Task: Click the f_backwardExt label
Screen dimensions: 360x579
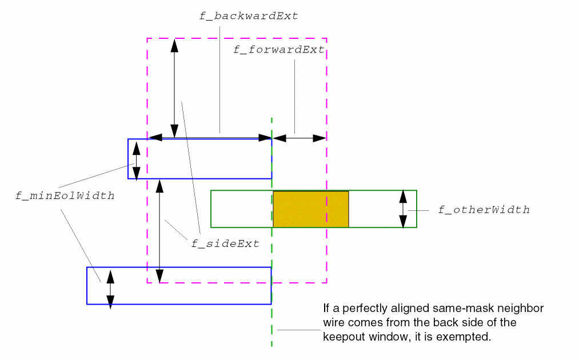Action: (249, 16)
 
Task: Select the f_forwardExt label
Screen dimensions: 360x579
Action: (279, 50)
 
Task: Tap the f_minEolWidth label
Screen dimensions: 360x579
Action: (65, 196)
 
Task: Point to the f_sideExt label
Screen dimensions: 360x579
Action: (225, 244)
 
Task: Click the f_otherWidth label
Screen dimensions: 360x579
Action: (484, 210)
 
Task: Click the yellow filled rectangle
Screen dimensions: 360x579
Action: (311, 209)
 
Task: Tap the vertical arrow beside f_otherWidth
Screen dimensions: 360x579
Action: (403, 209)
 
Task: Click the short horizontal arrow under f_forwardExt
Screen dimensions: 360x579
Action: (299, 138)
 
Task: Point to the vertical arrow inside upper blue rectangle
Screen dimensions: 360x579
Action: (136, 159)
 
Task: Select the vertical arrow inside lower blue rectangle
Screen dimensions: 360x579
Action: (110, 289)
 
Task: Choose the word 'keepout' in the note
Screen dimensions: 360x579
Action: (344, 337)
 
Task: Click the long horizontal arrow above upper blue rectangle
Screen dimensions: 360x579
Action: (210, 138)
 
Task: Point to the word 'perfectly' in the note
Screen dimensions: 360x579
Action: (361, 309)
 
